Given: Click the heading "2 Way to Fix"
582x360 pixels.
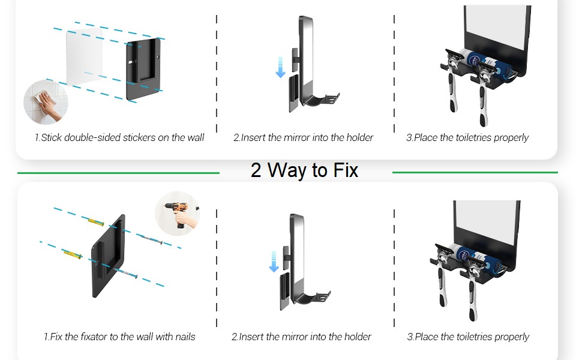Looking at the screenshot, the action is (x=304, y=170).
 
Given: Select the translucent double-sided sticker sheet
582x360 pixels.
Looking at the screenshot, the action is (x=84, y=56).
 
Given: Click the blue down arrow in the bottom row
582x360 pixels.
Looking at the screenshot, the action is (x=274, y=262).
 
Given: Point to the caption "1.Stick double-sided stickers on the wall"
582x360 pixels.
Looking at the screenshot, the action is (x=119, y=137).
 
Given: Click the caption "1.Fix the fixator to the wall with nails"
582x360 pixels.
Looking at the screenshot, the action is (x=119, y=337).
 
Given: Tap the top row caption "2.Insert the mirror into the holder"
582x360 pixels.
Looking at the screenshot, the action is (x=303, y=137).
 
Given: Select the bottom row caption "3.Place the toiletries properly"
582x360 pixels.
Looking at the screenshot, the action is (x=468, y=337).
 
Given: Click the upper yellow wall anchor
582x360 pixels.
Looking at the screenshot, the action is (x=96, y=223).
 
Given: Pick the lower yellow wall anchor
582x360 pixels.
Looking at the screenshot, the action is (x=73, y=254).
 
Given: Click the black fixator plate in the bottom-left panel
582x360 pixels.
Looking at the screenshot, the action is (x=108, y=256).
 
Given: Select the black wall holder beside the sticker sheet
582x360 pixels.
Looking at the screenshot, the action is (x=143, y=70).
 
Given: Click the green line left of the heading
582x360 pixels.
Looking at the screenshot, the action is (x=118, y=173).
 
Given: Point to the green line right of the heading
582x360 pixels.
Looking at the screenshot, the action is (x=475, y=173).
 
